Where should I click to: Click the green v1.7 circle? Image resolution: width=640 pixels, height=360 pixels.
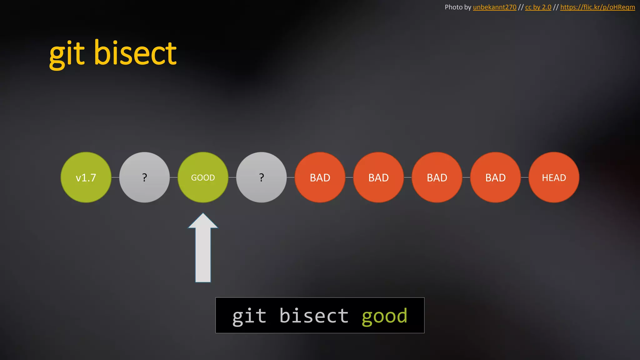coord(86,177)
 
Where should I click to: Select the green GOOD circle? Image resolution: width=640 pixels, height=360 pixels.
coord(203,177)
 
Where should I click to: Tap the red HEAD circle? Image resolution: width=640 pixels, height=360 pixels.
coord(554,177)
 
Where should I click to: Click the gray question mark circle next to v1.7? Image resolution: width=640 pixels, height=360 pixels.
coord(144,177)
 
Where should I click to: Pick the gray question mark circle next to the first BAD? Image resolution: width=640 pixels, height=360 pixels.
coord(261,177)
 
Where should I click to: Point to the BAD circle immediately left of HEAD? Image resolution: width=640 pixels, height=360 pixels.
coord(495,177)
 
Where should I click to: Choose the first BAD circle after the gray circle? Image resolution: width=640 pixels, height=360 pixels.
coord(320,177)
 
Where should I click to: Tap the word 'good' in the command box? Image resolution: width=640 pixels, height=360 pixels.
coord(384,316)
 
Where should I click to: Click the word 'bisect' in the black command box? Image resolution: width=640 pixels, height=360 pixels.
coord(314,316)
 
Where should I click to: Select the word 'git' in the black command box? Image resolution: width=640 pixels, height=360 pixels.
coord(249,316)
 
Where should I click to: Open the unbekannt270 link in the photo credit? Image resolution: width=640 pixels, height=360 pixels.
coord(494,7)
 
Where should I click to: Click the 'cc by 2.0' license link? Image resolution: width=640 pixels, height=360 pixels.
coord(538,7)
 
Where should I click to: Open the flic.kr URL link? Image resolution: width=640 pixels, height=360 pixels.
coord(597,7)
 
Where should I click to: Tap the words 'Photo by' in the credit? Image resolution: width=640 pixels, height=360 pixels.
coord(458,7)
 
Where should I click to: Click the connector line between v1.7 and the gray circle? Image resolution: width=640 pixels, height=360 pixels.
coord(115,177)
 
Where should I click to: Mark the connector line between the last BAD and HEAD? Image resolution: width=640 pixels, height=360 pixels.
coord(525,177)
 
